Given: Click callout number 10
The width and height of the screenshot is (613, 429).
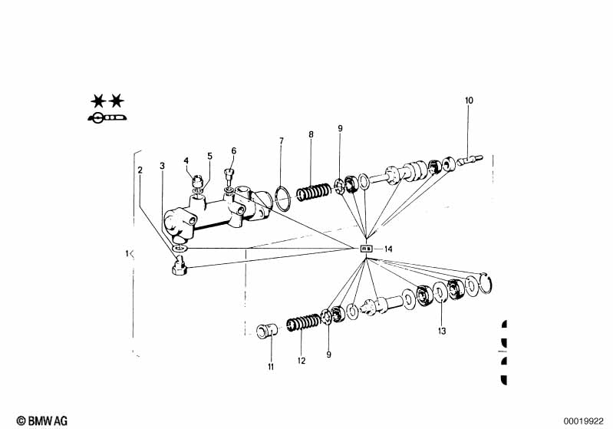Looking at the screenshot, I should click(469, 101).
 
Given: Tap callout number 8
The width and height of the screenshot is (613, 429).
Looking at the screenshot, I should click(311, 134).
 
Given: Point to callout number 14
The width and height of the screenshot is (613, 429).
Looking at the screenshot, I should click(388, 249).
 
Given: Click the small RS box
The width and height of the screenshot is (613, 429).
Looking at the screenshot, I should click(367, 249).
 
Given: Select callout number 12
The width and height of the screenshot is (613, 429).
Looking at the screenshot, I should click(302, 358).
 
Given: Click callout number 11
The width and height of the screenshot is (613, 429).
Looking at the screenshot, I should click(270, 367).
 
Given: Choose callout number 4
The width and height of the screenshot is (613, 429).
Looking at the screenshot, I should click(186, 160).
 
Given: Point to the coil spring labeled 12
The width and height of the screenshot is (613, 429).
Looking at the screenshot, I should click(302, 325).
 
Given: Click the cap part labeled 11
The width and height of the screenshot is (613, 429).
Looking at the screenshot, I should click(265, 331).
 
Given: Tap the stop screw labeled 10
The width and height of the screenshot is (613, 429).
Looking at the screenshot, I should click(469, 160).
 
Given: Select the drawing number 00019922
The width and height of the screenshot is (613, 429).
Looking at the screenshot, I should click(585, 420).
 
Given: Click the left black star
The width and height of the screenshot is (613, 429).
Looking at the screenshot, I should click(97, 101).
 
